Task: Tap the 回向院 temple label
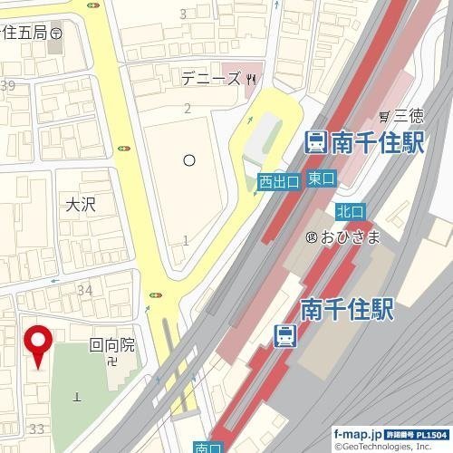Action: pyautogui.click(x=111, y=344)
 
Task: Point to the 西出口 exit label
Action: pyautogui.click(x=279, y=182)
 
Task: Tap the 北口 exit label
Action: pyautogui.click(x=350, y=211)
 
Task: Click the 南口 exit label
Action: pyautogui.click(x=208, y=447)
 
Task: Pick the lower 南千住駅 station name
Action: pyautogui.click(x=347, y=310)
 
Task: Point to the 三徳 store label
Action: pyautogui.click(x=402, y=115)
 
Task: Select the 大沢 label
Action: pyautogui.click(x=80, y=205)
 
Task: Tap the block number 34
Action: pyautogui.click(x=85, y=290)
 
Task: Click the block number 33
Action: pyautogui.click(x=37, y=428)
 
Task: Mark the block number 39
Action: pyautogui.click(x=9, y=86)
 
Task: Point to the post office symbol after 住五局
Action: pyautogui.click(x=57, y=33)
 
